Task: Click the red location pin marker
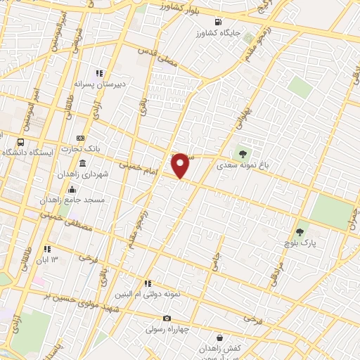(181, 165)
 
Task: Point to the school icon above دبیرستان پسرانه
(101, 73)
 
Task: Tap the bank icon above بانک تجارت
(81, 138)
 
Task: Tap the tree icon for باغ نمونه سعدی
(243, 153)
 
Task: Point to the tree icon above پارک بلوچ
(300, 232)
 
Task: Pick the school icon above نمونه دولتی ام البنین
(148, 283)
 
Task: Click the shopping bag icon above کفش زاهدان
(220, 337)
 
